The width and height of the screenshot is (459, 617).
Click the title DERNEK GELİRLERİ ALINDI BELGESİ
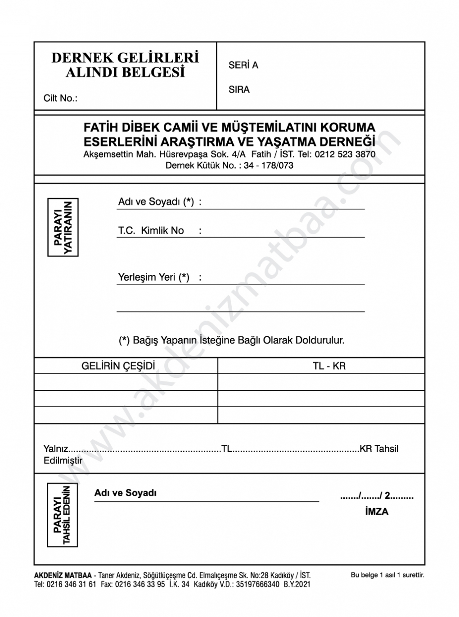pyautogui.click(x=125, y=65)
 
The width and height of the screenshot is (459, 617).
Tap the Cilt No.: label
pyautogui.click(x=60, y=98)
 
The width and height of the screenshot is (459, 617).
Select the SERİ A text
pyautogui.click(x=243, y=65)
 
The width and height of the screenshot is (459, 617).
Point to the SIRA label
pyautogui.click(x=239, y=89)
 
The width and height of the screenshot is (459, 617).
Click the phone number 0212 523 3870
pyautogui.click(x=345, y=154)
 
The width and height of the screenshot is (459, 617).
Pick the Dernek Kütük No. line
pyautogui.click(x=229, y=165)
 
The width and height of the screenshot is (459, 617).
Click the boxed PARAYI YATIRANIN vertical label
pyautogui.click(x=63, y=228)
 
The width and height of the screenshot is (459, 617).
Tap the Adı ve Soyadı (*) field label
pyautogui.click(x=156, y=202)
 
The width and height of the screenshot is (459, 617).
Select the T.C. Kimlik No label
pyautogui.click(x=151, y=231)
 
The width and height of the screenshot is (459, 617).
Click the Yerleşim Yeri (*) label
pyautogui.click(x=153, y=277)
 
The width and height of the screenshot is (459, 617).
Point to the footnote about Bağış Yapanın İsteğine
pyautogui.click(x=231, y=340)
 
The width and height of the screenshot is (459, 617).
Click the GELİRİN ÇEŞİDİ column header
pyautogui.click(x=118, y=366)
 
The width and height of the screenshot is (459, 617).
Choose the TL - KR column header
pyautogui.click(x=329, y=366)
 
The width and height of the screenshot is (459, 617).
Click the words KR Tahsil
pyautogui.click(x=379, y=448)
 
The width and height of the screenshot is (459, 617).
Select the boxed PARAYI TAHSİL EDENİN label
pyautogui.click(x=63, y=515)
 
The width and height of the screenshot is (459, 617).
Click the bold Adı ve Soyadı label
pyautogui.click(x=126, y=493)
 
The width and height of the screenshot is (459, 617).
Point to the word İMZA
pyautogui.click(x=377, y=511)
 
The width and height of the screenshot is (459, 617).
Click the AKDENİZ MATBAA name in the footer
pyautogui.click(x=63, y=575)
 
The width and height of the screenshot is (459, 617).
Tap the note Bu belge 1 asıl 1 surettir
pyautogui.click(x=387, y=575)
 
